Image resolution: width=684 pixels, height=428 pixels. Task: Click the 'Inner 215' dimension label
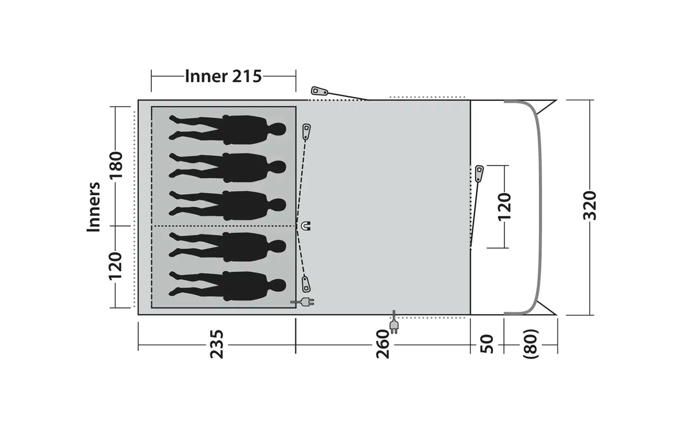click(x=223, y=77)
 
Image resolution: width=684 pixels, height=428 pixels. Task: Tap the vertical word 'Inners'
click(x=94, y=207)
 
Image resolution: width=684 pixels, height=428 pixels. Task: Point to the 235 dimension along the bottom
click(x=217, y=344)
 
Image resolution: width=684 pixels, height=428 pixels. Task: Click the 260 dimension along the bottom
click(x=382, y=344)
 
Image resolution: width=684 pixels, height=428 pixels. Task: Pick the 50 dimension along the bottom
click(x=487, y=344)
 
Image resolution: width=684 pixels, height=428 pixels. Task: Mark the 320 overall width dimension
click(x=590, y=205)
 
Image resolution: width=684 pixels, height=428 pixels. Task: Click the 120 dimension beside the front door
click(x=504, y=207)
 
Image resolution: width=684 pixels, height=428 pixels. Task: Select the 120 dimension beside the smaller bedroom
click(x=115, y=266)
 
